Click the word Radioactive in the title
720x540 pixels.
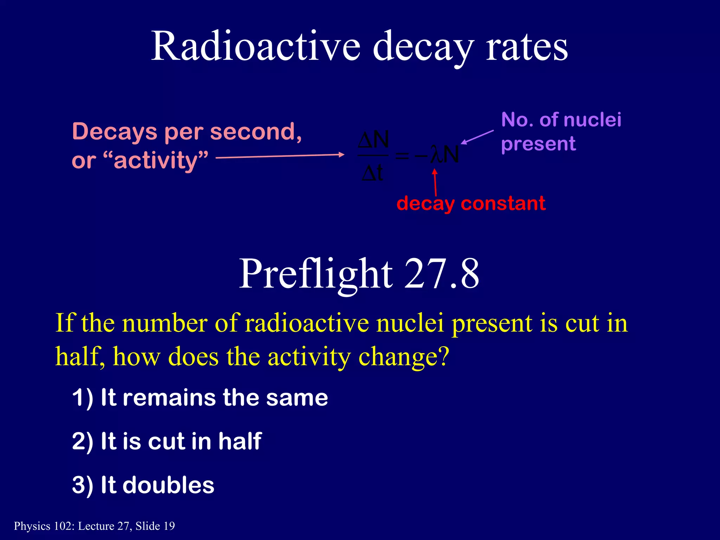click(x=256, y=47)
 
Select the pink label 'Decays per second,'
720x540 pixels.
click(x=187, y=131)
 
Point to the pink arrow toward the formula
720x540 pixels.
click(x=279, y=156)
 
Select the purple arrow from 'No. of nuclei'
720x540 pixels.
click(x=477, y=137)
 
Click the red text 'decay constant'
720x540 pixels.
click(x=471, y=204)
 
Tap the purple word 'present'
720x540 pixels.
click(x=539, y=144)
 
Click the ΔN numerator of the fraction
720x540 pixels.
click(x=373, y=140)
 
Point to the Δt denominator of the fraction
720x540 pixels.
click(x=373, y=173)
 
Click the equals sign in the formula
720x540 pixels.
click(x=402, y=155)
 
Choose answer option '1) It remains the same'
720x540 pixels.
click(x=200, y=398)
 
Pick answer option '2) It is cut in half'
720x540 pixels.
click(x=167, y=441)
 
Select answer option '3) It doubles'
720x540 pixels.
click(x=143, y=485)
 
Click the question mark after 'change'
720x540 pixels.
click(x=443, y=356)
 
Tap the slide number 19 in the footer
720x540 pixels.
click(x=169, y=526)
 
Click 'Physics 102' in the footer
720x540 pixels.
click(x=44, y=526)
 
